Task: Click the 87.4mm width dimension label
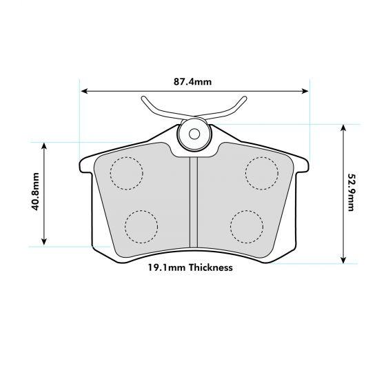click(192, 82)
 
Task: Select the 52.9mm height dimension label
click(352, 193)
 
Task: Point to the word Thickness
click(210, 267)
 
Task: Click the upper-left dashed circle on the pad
click(126, 172)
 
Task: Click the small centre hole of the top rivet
click(194, 133)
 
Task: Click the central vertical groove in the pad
click(194, 200)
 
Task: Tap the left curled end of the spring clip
click(144, 100)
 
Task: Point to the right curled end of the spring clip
click(244, 100)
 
